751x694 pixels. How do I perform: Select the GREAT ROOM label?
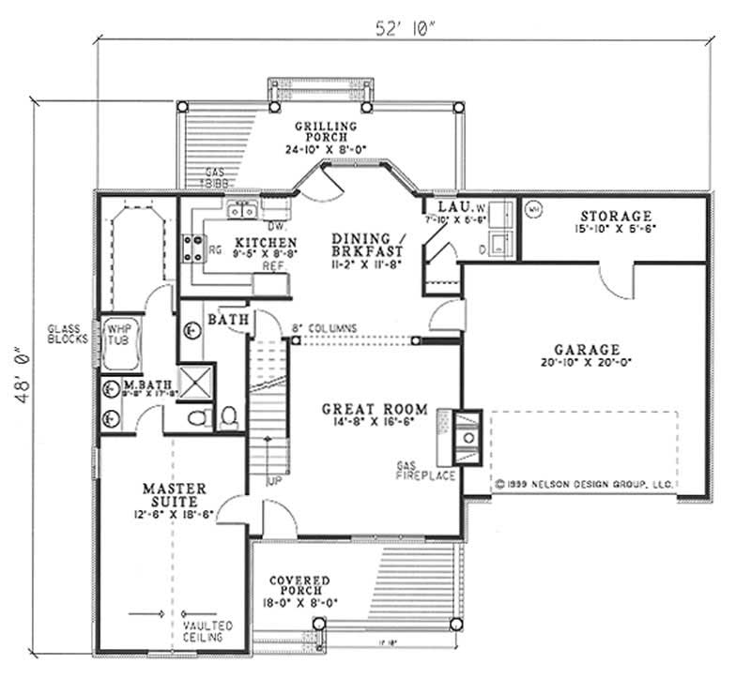click(x=375, y=409)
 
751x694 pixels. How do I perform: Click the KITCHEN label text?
click(x=240, y=242)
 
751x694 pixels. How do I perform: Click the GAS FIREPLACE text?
click(x=426, y=471)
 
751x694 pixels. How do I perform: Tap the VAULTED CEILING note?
click(x=207, y=631)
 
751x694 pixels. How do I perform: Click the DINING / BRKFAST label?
click(x=368, y=247)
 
